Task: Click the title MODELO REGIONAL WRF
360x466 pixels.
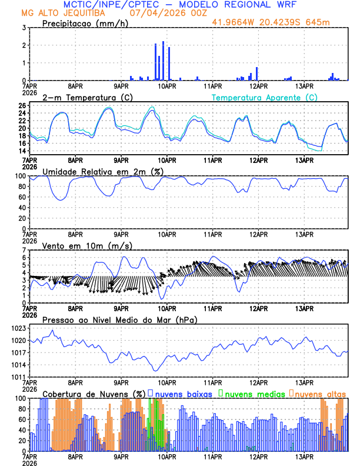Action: (x=244, y=5)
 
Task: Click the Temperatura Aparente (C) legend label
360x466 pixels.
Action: (x=264, y=97)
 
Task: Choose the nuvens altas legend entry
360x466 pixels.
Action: (x=320, y=393)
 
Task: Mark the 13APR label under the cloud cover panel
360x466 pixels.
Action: (x=304, y=456)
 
